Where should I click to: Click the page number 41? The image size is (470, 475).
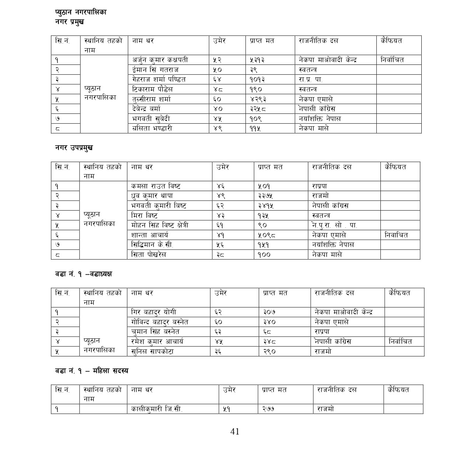(235, 432)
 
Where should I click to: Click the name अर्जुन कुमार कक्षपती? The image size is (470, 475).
(160, 60)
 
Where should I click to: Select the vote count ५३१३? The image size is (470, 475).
(257, 60)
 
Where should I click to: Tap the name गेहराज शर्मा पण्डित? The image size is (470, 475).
(159, 79)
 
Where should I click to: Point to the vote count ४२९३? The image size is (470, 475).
(258, 99)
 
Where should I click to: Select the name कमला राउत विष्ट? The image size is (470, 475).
(156, 186)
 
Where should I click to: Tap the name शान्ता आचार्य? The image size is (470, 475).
(150, 235)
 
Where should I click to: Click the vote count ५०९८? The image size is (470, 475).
(267, 235)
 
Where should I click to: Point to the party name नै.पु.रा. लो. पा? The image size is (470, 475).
(334, 225)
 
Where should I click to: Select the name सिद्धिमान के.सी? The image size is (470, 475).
(152, 244)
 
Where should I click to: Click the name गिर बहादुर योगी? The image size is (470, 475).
(153, 312)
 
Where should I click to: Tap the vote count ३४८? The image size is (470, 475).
(269, 341)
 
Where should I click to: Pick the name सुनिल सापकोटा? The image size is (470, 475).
(152, 351)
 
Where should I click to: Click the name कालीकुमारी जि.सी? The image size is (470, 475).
(157, 409)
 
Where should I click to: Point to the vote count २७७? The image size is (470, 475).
(269, 409)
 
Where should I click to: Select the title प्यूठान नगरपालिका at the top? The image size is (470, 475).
(81, 12)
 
